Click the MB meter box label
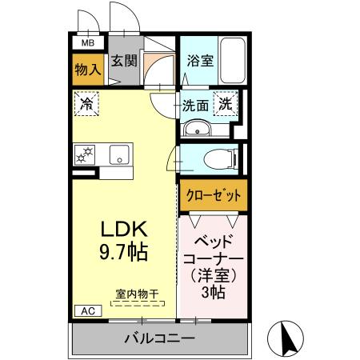(88, 43)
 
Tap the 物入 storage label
(88, 70)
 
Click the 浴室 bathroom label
(199, 59)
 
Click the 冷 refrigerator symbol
(86, 103)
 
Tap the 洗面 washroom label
(195, 104)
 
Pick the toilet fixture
(221, 158)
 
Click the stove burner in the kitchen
(85, 154)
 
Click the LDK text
(118, 229)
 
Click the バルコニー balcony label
(159, 338)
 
